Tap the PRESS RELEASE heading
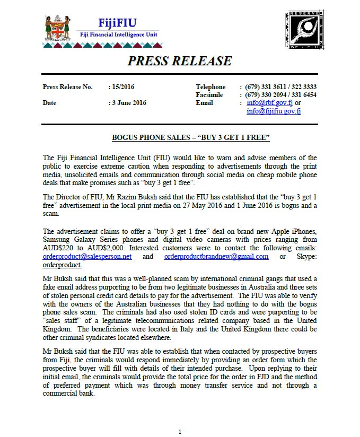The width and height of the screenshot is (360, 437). (180, 60)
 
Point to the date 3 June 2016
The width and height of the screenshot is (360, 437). (129, 103)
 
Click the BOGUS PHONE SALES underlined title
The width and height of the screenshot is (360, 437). (191, 138)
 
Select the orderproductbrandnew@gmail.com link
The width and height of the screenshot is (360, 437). (216, 256)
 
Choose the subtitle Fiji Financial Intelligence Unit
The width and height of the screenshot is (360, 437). (118, 35)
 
